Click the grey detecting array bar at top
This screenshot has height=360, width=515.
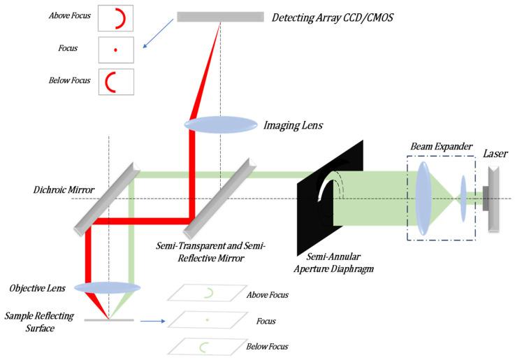[220, 16]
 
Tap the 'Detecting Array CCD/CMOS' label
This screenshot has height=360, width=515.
[331, 17]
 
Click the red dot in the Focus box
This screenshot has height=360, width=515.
[115, 50]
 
